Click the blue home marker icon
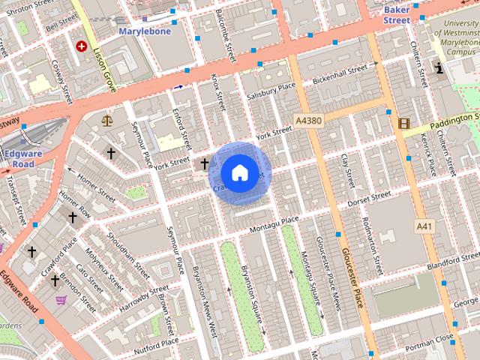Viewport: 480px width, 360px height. [238, 172]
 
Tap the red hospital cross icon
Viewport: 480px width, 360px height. [80, 46]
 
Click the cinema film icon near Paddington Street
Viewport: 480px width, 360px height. [404, 123]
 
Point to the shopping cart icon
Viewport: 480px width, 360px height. [61, 300]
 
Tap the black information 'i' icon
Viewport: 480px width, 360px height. [439, 70]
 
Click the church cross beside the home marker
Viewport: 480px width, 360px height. [204, 163]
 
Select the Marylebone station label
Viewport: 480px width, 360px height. [145, 31]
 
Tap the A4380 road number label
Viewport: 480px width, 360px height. [308, 121]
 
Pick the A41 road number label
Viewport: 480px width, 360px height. [424, 226]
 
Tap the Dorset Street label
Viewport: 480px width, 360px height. [365, 198]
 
